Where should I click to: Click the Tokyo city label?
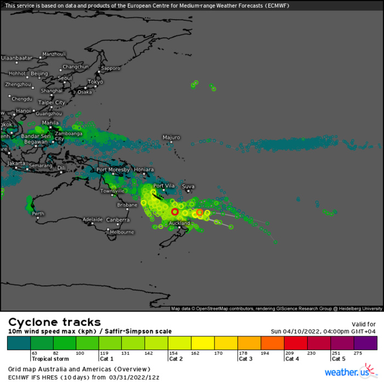tap(95, 82)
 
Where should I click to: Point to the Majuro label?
tap(171, 137)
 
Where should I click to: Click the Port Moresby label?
tap(113, 170)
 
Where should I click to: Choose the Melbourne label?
tap(122, 232)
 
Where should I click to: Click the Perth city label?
tap(38, 213)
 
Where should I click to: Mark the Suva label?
tap(188, 187)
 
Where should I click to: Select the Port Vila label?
tap(163, 186)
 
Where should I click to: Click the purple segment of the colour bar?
tap(365, 343)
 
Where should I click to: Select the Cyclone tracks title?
tap(54, 322)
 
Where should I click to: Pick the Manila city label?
tap(50, 123)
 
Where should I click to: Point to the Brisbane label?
tap(127, 205)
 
